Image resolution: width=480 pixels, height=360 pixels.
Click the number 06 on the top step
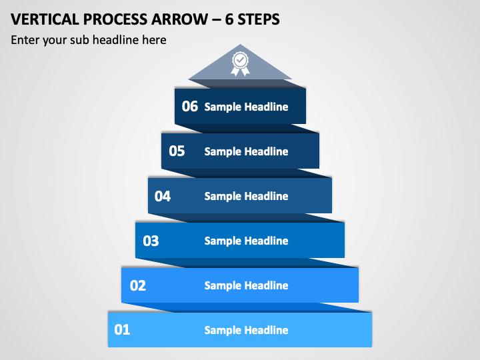190,106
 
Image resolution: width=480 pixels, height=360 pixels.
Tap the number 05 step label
177,151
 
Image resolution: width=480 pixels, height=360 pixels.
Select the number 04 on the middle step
163,196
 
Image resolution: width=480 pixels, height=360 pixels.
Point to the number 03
151,241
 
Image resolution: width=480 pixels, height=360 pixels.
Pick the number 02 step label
138,285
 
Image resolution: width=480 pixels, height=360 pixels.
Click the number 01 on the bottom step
122,330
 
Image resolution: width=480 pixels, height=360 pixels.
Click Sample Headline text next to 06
246,107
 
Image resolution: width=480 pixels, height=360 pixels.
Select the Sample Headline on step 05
246,151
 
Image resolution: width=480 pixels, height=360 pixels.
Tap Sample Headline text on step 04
246,196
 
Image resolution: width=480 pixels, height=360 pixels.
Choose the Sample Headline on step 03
246,241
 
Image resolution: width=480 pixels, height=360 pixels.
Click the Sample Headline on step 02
246,285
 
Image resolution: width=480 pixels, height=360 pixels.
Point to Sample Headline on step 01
246,330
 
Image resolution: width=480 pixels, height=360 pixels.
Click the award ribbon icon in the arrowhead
240,64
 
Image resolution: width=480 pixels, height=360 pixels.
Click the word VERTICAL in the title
45,19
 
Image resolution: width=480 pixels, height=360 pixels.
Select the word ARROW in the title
180,19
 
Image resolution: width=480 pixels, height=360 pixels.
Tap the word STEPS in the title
259,19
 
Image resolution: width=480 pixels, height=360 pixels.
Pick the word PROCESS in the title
115,19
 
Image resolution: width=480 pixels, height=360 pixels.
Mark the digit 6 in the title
229,19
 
